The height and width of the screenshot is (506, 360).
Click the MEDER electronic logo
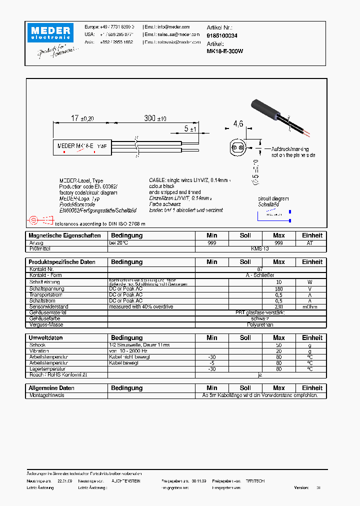(x=50, y=33)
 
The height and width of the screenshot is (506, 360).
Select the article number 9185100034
(x=222, y=36)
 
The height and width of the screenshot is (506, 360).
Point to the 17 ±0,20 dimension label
(x=82, y=118)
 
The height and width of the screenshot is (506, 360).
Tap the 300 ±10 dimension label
(x=155, y=118)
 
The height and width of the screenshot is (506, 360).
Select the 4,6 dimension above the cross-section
(x=238, y=123)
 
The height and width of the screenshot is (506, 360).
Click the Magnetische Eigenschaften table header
(x=64, y=235)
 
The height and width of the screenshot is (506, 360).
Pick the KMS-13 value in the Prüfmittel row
(x=260, y=248)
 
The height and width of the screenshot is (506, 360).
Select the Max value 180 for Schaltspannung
(x=278, y=288)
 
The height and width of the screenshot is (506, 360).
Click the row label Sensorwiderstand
(x=48, y=306)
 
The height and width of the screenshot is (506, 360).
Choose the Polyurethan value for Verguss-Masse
(x=260, y=324)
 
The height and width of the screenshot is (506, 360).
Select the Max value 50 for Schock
(x=278, y=345)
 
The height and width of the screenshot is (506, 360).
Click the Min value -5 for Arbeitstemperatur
(x=211, y=363)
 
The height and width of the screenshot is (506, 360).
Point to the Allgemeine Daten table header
(x=51, y=388)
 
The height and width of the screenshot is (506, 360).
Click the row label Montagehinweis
(x=46, y=395)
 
